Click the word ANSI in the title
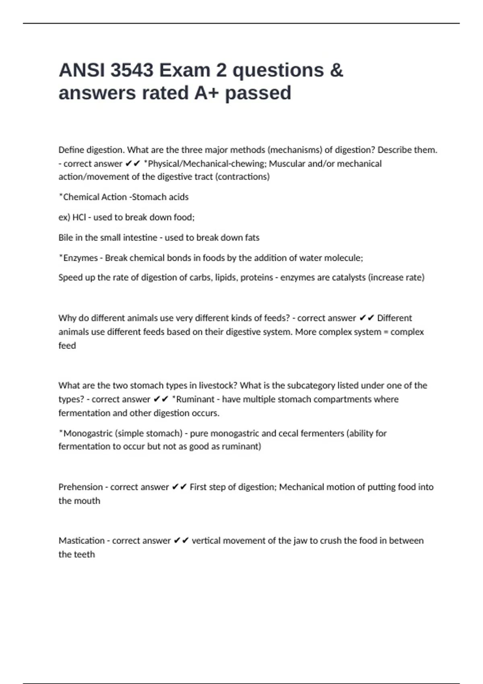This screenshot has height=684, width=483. coord(81,70)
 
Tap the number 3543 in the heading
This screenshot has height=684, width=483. coord(131,70)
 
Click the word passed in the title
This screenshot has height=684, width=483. coord(258,93)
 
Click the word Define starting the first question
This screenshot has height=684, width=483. coord(71,150)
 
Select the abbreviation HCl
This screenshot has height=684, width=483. coord(79,217)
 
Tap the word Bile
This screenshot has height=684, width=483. coord(66,237)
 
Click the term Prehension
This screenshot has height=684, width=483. coord(80,487)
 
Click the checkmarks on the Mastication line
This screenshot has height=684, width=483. coord(181,540)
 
